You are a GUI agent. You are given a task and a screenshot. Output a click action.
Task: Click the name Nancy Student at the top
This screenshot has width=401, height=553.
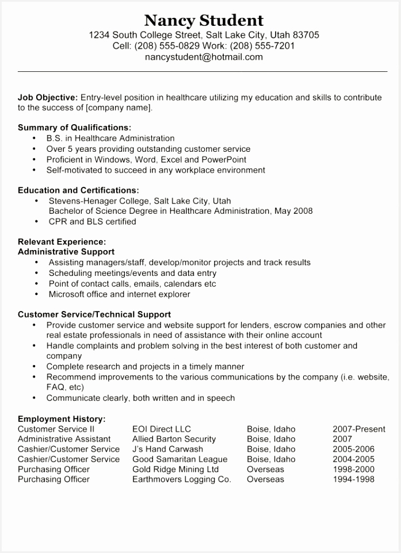pos(204,21)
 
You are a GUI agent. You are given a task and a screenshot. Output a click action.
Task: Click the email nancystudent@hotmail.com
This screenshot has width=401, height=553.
pos(204,57)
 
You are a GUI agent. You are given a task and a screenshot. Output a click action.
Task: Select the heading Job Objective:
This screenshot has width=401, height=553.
pos(48,98)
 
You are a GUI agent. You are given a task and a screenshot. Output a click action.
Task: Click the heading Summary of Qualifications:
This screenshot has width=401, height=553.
pos(74,128)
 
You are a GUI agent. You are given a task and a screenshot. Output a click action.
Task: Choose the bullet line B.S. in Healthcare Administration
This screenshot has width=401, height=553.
pos(110,138)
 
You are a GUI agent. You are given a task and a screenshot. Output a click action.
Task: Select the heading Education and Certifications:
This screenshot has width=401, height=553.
pos(78,190)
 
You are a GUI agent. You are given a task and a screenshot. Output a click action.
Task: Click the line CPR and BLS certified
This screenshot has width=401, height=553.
pos(92,221)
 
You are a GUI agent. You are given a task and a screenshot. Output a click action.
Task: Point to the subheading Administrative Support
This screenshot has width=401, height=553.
pos(66,252)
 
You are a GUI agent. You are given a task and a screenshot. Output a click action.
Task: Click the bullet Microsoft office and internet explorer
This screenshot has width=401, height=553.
pos(119,294)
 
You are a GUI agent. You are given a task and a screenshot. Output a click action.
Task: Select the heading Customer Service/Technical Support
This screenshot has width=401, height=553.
pos(94,314)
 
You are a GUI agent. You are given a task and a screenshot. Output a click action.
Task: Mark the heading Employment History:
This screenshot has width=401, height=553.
pos(62,419)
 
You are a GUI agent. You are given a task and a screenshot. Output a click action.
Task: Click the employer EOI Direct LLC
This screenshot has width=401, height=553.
pos(161,429)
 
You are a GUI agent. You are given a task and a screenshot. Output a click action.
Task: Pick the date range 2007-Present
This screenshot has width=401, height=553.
pos(358,429)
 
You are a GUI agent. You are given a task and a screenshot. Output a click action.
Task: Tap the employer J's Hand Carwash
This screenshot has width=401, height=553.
pos(167,449)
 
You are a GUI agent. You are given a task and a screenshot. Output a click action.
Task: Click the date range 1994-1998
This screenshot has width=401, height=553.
pos(353,479)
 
